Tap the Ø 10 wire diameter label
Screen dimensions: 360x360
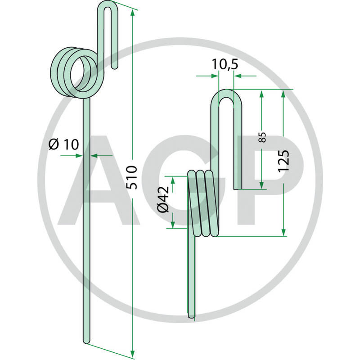(x=63, y=144)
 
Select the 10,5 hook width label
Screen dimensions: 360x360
(x=225, y=66)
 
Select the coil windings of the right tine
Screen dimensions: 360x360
(x=205, y=202)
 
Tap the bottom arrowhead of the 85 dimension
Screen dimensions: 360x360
(x=261, y=185)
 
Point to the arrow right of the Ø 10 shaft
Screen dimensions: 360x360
(x=95, y=156)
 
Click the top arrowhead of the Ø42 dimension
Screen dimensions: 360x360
(x=173, y=180)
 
